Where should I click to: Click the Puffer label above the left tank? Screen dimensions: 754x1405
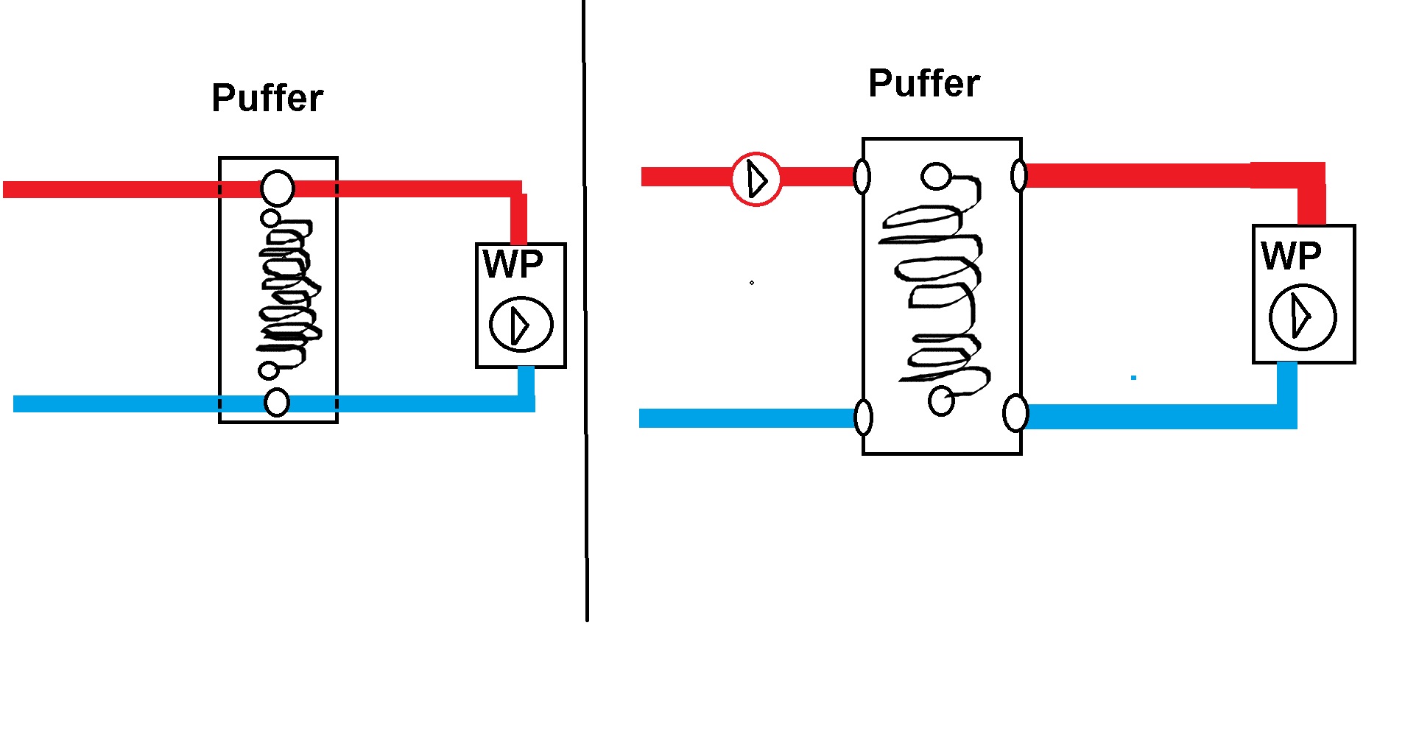(267, 98)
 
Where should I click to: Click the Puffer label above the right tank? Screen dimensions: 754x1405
(924, 83)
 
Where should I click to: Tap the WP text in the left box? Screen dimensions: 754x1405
(513, 264)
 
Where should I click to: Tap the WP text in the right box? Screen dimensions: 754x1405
(1292, 256)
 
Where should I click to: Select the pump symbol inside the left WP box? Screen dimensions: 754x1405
(521, 324)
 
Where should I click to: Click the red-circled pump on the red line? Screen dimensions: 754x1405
(756, 179)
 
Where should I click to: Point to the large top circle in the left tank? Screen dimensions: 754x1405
(278, 188)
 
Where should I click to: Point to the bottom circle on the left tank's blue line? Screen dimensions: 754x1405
(277, 402)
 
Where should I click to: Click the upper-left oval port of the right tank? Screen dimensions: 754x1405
(862, 177)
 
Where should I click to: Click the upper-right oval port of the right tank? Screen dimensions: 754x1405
(1019, 175)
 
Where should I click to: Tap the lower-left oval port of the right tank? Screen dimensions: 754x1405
(863, 417)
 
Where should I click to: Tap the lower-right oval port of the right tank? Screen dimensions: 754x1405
(1015, 413)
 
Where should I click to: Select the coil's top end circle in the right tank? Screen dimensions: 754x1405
(935, 176)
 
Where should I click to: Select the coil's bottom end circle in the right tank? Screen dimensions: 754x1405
(941, 401)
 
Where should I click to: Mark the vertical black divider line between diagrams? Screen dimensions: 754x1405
(585, 309)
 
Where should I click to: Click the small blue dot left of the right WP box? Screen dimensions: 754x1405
(1134, 378)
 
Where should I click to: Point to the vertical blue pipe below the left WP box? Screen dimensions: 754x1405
(526, 383)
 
